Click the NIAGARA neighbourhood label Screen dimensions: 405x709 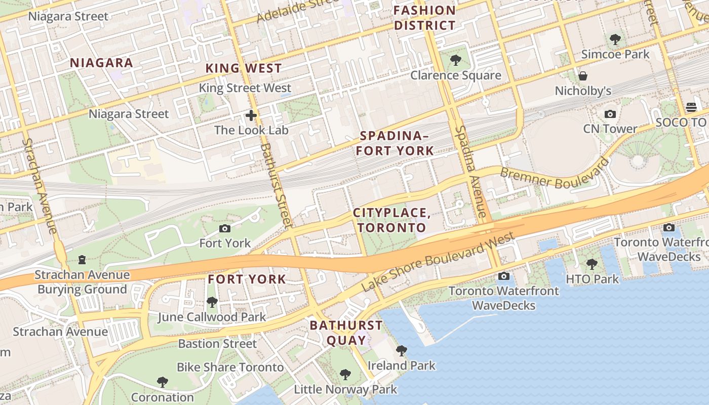pos(101,63)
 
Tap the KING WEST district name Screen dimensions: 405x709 pos(243,68)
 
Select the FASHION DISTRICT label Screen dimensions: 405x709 pos(425,18)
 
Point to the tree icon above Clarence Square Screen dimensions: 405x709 pos(455,60)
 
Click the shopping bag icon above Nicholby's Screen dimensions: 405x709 pos(583,76)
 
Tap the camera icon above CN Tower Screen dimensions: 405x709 pos(610,114)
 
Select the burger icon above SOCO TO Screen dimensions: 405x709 pos(691,107)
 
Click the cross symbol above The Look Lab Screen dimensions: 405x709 pos(251,115)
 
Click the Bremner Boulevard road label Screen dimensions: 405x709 pos(554,174)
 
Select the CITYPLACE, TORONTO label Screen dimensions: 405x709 pos(392,220)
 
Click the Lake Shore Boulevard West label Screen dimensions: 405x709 pos(438,262)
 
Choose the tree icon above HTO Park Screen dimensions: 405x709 pos(592,264)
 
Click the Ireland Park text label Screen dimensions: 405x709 pos(402,366)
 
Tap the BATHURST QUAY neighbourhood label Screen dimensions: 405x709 pos(346,332)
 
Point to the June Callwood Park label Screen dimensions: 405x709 pos(211,317)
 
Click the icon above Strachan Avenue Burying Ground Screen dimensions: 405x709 pos(82,260)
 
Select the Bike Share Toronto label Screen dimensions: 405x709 pos(230,367)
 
